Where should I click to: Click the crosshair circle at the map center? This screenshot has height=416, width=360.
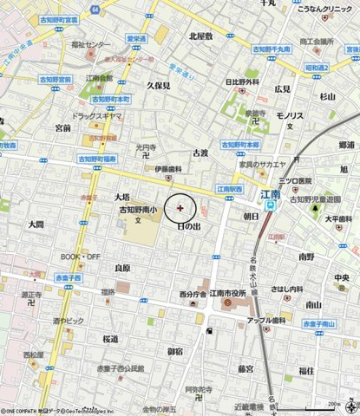click(x=180, y=208)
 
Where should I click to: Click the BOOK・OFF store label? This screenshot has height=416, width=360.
click(x=81, y=257)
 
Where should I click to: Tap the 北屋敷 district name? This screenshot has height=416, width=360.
click(x=200, y=36)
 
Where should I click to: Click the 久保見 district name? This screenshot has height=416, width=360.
click(x=158, y=87)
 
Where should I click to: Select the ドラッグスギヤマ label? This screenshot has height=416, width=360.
click(x=97, y=114)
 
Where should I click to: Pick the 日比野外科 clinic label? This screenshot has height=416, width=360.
click(x=242, y=82)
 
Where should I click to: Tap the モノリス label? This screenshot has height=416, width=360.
click(x=289, y=115)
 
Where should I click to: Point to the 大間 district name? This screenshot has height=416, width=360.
click(x=36, y=224)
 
